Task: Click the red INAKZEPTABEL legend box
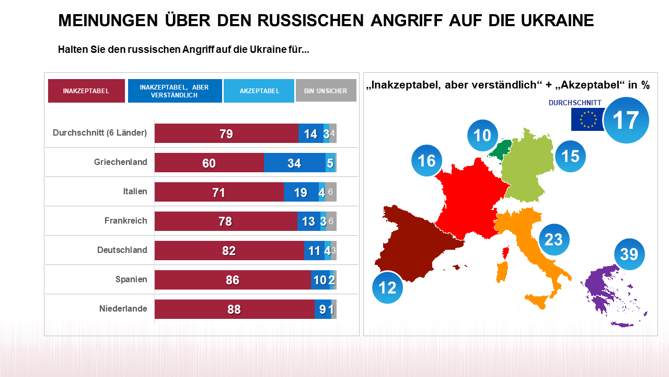pos(86,91)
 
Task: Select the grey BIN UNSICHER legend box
pos(326,91)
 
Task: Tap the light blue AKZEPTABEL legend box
pos(259,91)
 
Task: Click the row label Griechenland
pos(120,162)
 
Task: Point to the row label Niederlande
pos(123,309)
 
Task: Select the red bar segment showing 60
pos(209,163)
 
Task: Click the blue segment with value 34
pos(294,163)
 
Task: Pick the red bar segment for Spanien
pos(233,280)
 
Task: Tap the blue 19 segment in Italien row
pos(301,192)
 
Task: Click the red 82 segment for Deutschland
pos(229,251)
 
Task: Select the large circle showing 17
pos(626,120)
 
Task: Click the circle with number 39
pos(629,254)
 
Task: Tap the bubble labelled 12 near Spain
pos(387,287)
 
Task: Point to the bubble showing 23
pos(553,239)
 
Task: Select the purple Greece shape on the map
pos(606,293)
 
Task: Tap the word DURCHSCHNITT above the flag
pos(575,103)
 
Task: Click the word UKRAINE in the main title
pos(557,20)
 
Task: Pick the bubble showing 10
pos(482,135)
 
